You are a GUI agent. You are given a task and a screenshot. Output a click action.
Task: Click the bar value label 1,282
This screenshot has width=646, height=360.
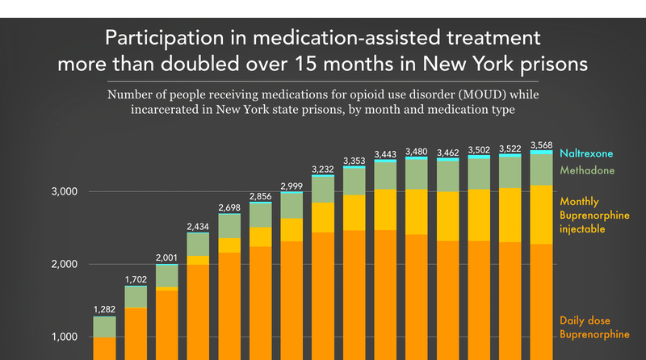click(x=105, y=309)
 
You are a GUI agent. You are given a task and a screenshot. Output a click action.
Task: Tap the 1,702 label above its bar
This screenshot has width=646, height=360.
click(x=136, y=279)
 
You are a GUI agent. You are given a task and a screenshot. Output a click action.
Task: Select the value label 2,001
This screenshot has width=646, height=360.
click(x=167, y=257)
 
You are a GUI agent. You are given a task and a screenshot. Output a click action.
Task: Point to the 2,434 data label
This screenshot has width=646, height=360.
click(x=199, y=227)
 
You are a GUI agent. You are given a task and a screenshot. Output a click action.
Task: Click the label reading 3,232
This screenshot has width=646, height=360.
click(x=323, y=169)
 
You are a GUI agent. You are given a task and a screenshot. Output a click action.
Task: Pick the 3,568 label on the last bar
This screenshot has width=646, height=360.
click(x=542, y=145)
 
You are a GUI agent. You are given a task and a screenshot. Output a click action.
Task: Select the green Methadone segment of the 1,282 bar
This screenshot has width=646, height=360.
click(x=105, y=327)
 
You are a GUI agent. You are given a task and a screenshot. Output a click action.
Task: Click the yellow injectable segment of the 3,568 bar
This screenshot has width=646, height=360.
click(x=542, y=214)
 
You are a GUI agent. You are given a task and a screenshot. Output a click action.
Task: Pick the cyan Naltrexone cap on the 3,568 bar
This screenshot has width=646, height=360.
click(x=542, y=152)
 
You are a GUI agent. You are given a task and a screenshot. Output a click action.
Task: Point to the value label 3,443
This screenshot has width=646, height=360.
click(x=385, y=153)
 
